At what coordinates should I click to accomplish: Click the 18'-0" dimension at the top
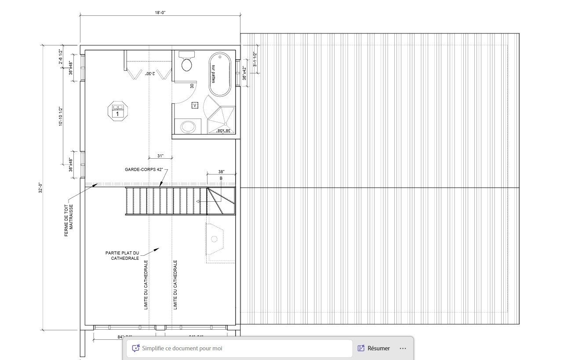click(160, 13)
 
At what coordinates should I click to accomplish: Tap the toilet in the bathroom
click(187, 61)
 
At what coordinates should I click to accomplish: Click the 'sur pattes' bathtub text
click(214, 74)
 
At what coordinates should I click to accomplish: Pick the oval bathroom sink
click(189, 127)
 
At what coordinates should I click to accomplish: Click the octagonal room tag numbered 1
click(117, 110)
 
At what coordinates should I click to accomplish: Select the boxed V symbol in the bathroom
click(195, 105)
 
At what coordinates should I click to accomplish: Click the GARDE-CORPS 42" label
click(146, 169)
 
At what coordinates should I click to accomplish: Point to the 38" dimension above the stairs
click(221, 171)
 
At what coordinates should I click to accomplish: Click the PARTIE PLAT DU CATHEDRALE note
click(122, 255)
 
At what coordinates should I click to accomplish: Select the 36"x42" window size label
click(245, 71)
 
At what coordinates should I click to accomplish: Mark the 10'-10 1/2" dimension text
click(61, 116)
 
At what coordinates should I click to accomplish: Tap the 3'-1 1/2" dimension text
click(255, 59)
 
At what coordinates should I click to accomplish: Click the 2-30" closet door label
click(150, 73)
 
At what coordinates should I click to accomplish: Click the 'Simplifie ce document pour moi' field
click(240, 348)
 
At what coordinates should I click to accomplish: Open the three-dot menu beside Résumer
click(403, 348)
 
